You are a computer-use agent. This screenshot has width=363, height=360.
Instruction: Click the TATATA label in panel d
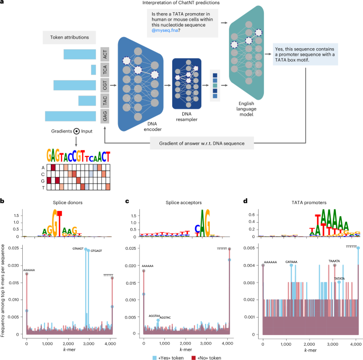340,278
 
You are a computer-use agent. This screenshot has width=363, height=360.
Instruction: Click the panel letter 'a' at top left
3,4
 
